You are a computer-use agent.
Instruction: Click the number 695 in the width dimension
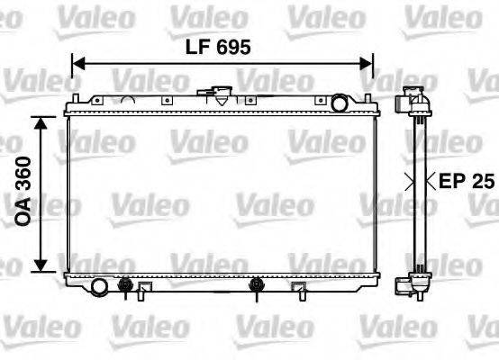(x=231, y=44)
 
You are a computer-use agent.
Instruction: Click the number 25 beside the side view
(x=485, y=181)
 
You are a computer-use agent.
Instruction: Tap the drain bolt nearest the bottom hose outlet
(x=124, y=287)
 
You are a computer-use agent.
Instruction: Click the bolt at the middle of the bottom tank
(x=258, y=287)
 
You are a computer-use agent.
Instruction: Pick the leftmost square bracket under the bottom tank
(x=143, y=289)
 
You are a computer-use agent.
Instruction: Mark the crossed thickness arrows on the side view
(x=417, y=181)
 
